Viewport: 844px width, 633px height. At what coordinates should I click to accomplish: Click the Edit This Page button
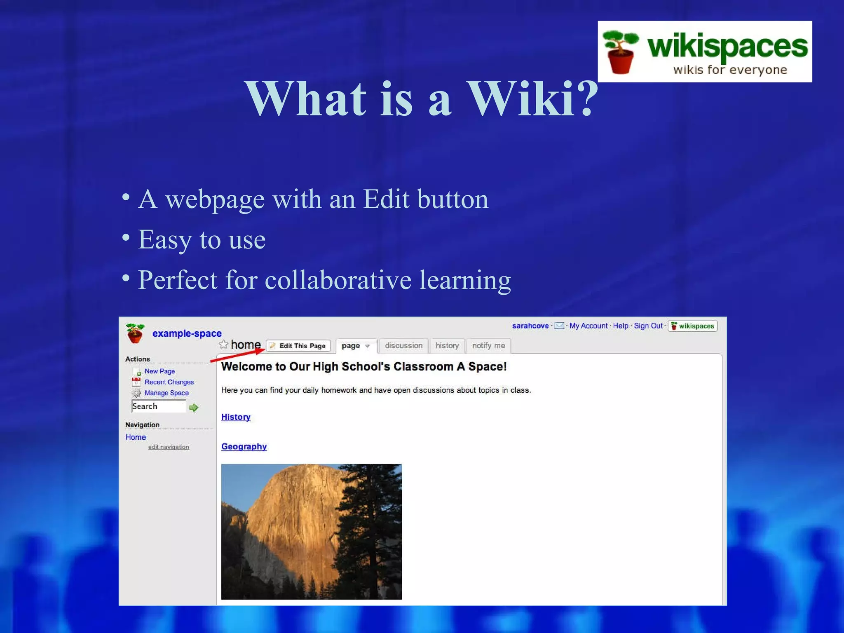(x=298, y=346)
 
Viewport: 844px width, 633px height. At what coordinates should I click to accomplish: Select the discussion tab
(x=403, y=346)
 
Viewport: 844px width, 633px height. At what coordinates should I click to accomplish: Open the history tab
(x=447, y=346)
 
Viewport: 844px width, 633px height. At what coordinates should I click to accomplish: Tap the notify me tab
(x=488, y=346)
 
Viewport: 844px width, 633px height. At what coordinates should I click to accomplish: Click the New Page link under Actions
(x=159, y=371)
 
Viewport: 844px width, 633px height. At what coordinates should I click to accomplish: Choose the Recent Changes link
(x=169, y=382)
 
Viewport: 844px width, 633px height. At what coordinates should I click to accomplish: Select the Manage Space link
(x=166, y=393)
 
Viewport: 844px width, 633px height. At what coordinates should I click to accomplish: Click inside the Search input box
(x=158, y=406)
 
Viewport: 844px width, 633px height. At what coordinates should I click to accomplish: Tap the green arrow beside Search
(x=194, y=408)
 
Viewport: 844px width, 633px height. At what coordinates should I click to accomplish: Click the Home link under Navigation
(x=136, y=437)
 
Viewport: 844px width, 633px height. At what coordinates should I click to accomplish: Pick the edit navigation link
(x=169, y=447)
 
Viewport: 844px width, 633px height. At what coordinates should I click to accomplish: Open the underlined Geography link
(x=244, y=447)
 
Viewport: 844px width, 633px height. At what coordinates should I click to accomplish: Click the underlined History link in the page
(x=236, y=417)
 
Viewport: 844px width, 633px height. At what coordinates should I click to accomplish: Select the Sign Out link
(x=648, y=326)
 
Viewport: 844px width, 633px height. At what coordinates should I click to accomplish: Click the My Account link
(x=588, y=326)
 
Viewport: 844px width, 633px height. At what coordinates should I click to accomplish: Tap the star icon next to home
(x=223, y=345)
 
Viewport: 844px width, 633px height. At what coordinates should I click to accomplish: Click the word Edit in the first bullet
(x=386, y=199)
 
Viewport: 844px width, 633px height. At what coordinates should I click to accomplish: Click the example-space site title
(x=187, y=333)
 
